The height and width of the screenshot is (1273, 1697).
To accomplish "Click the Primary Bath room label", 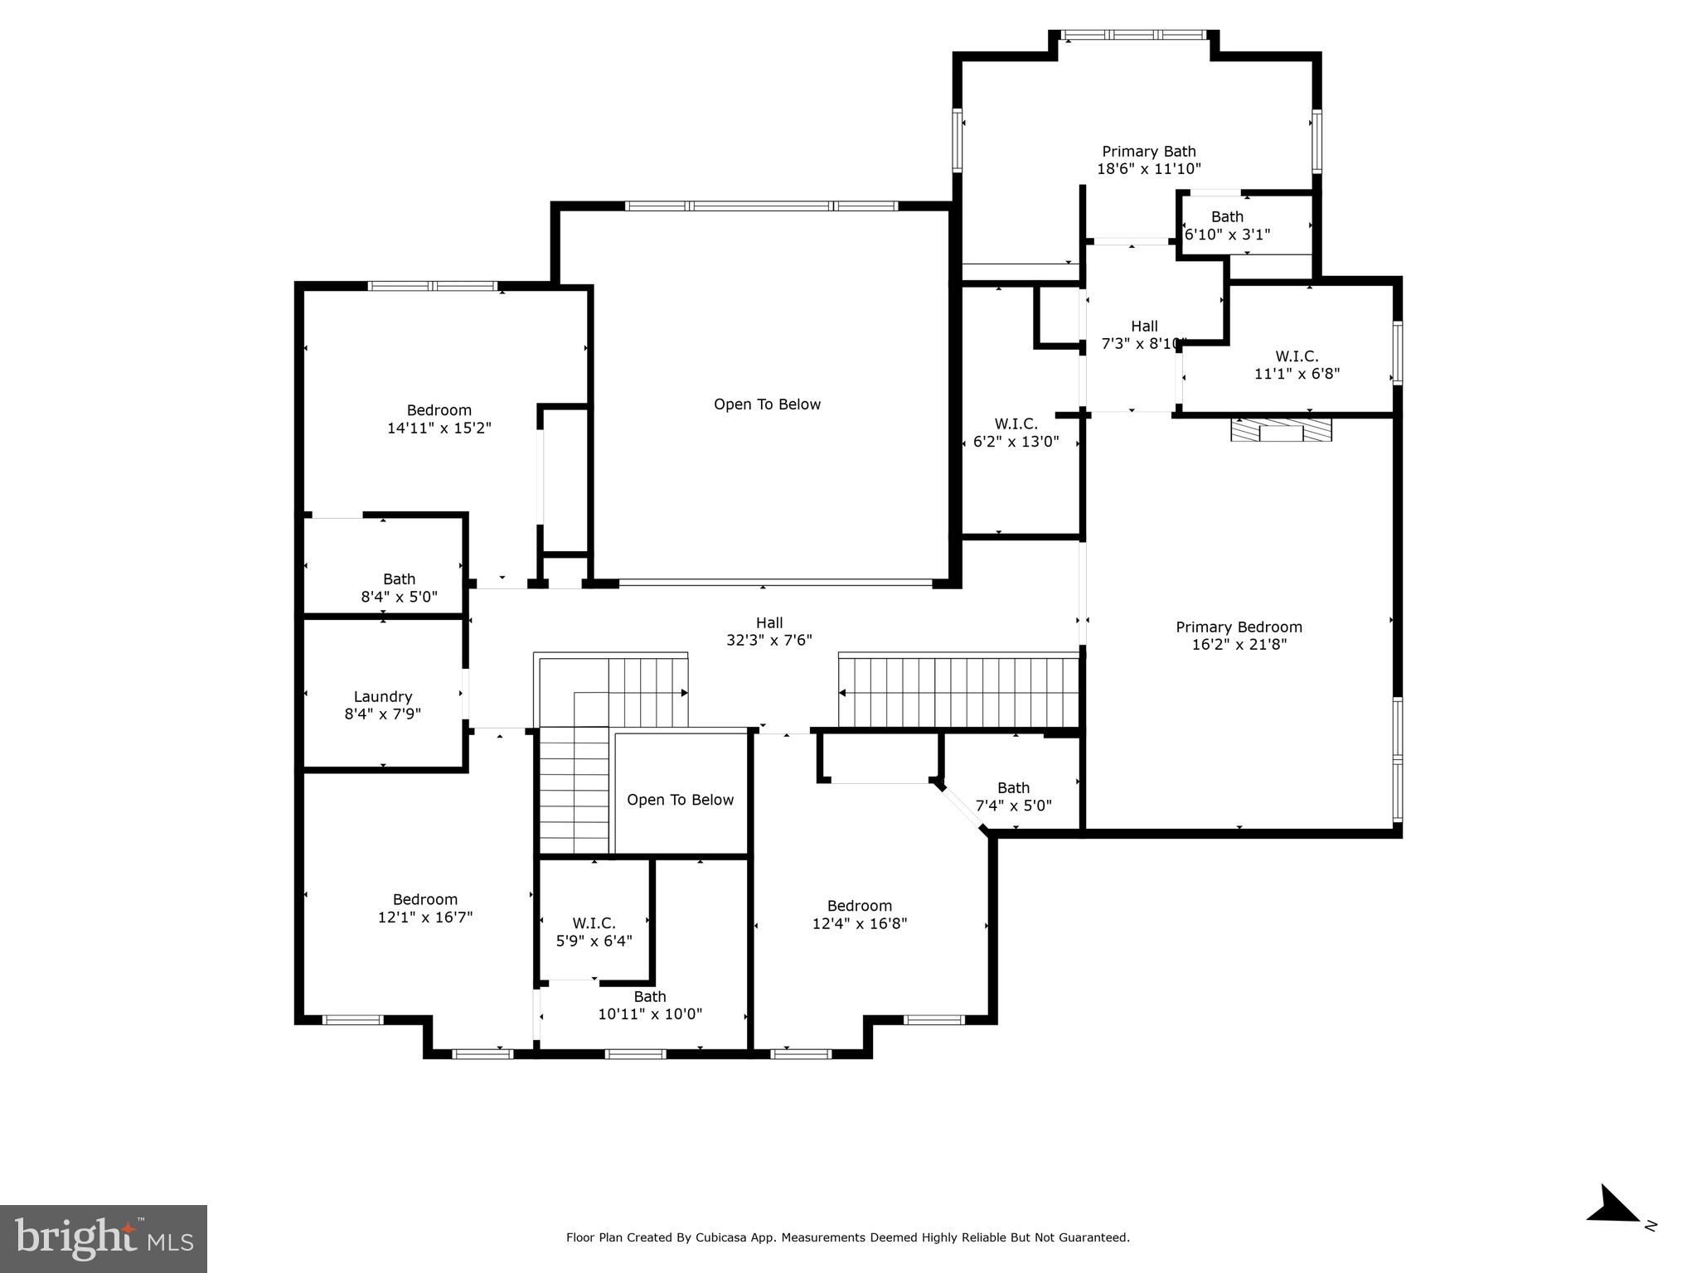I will (1148, 152).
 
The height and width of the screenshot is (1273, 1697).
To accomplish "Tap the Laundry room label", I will (382, 697).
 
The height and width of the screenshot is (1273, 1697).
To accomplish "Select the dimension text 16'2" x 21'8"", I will (1239, 645).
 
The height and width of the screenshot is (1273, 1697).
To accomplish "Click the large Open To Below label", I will (767, 404).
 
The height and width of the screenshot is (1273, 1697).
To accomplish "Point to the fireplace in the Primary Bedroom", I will (1281, 430).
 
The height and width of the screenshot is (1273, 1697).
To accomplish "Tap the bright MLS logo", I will (104, 1238).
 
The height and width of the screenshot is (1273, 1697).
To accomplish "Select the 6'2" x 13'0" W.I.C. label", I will (1016, 433).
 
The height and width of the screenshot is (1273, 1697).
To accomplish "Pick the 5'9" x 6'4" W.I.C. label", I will (594, 932).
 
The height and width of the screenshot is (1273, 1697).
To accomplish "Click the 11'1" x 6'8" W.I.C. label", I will (1297, 365).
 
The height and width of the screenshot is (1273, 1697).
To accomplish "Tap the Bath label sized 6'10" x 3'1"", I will (1227, 225).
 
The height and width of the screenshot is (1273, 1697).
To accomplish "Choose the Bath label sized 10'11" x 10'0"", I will (650, 1005).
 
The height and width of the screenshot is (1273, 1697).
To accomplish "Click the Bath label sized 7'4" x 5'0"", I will (1013, 796).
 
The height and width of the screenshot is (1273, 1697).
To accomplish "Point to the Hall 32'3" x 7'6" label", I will (768, 632).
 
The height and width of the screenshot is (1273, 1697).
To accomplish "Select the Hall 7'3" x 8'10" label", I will (1144, 335).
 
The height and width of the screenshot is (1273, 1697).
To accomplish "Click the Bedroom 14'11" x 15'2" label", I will (439, 419).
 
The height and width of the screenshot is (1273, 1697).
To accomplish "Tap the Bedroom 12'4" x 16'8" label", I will (860, 914).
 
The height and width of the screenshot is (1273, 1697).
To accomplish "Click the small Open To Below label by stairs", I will (680, 800).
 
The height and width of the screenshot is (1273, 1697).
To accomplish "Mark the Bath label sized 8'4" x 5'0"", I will (399, 588).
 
